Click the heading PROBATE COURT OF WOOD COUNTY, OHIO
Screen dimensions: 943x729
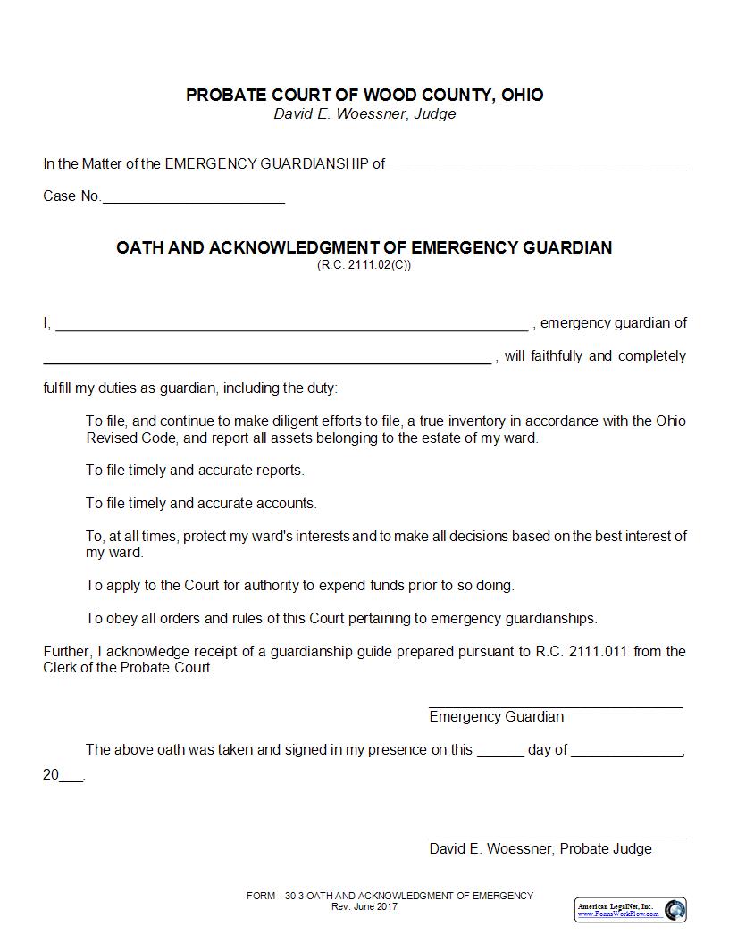pos(364,95)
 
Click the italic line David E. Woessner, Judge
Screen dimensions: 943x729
pos(364,114)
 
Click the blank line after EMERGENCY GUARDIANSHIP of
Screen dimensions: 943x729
pos(535,166)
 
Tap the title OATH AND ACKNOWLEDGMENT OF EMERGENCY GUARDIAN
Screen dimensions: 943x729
pos(364,247)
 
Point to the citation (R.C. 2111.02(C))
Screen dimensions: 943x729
pos(364,264)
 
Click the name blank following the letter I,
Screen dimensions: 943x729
pos(291,326)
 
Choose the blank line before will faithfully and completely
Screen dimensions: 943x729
pos(267,359)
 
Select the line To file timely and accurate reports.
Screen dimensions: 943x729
pos(195,470)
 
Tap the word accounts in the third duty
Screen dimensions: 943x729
pos(288,503)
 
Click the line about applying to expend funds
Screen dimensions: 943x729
pos(299,586)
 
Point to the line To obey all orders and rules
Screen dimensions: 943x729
pos(341,618)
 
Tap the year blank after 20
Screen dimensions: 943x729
pos(71,779)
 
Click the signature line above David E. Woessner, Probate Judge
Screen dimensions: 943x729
pos(557,837)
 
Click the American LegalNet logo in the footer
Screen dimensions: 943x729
pos(630,909)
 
